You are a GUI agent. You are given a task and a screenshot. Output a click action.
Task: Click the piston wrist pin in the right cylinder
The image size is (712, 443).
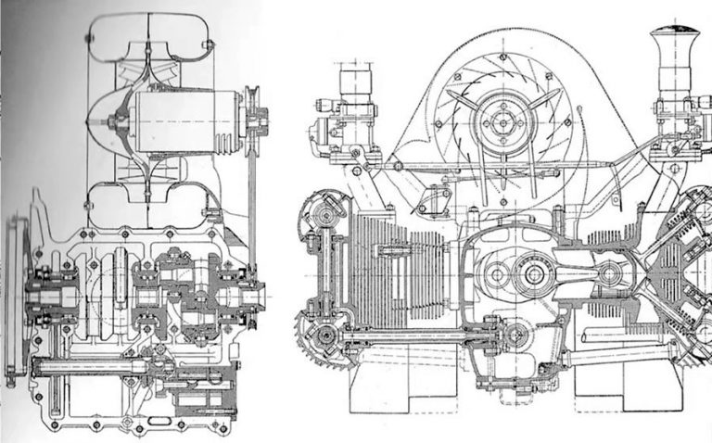coord(609,273)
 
